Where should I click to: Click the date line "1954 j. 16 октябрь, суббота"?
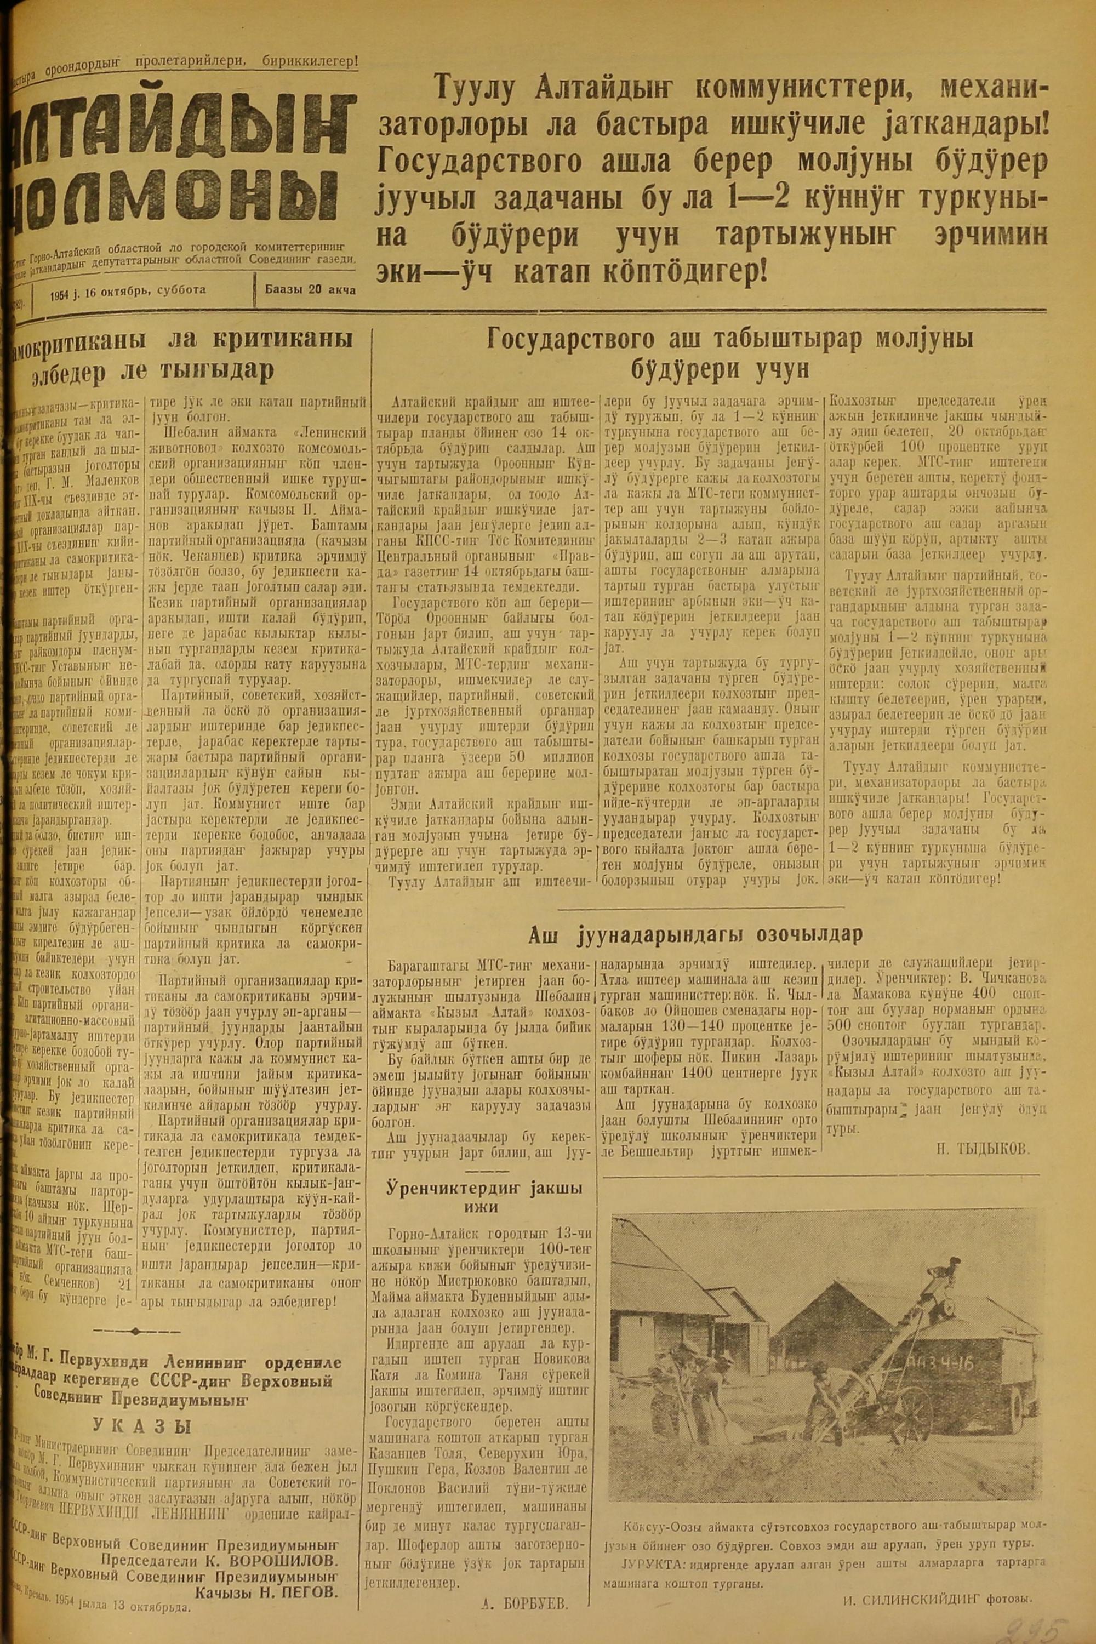128,289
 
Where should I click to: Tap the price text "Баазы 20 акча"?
310,289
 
